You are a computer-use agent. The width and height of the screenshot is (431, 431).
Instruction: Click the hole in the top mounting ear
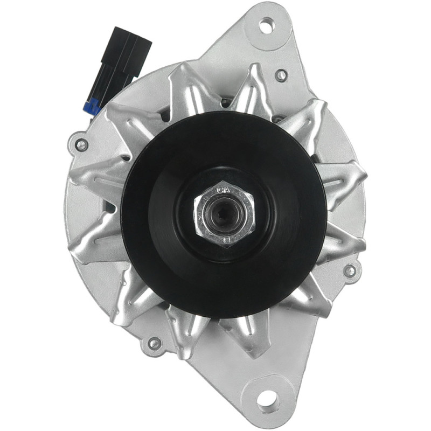click(266, 24)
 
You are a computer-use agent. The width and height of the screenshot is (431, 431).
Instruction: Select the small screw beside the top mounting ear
click(280, 75)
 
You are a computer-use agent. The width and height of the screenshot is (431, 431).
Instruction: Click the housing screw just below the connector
click(81, 145)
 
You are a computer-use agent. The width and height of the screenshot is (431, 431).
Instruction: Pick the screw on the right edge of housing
click(350, 270)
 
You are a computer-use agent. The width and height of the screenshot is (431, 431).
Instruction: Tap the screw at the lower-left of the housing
click(154, 343)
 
